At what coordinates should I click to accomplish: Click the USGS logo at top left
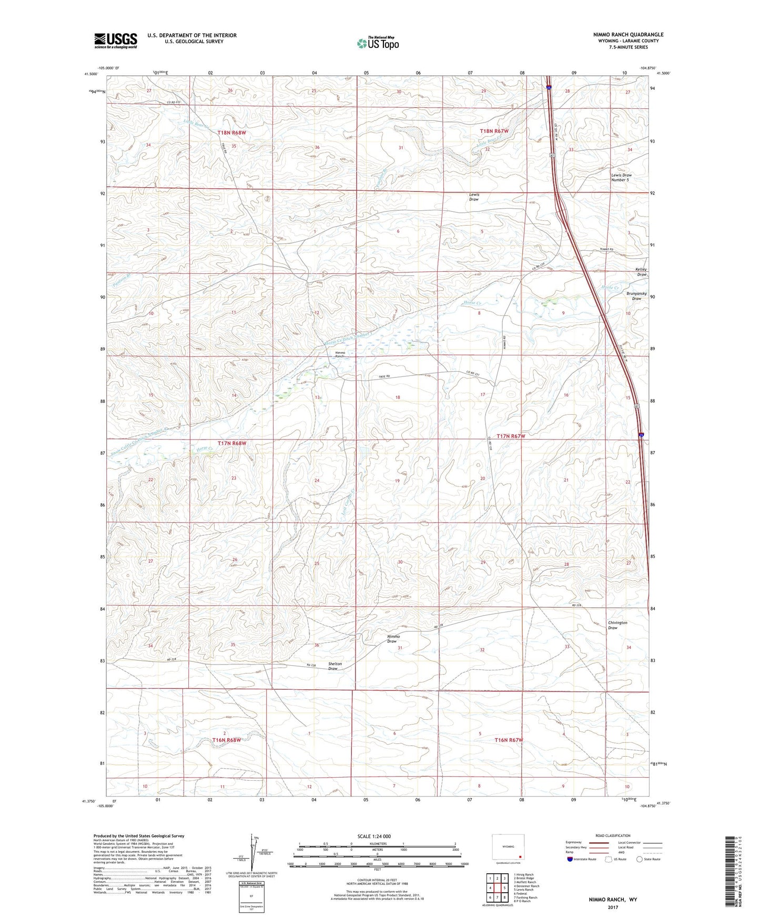point(115,40)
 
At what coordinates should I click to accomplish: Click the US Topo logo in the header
point(378,43)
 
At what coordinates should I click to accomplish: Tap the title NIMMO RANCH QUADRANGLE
point(621,35)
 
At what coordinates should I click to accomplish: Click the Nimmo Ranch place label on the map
point(340,354)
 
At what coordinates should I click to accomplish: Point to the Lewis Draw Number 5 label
point(621,177)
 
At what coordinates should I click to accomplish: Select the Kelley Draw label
point(641,272)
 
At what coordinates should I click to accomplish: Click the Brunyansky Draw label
point(636,295)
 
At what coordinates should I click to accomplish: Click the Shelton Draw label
point(335,666)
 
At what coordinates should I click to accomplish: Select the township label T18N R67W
point(493,131)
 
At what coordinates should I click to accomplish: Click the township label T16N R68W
point(226,740)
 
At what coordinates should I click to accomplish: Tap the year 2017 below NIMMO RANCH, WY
point(613,907)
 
